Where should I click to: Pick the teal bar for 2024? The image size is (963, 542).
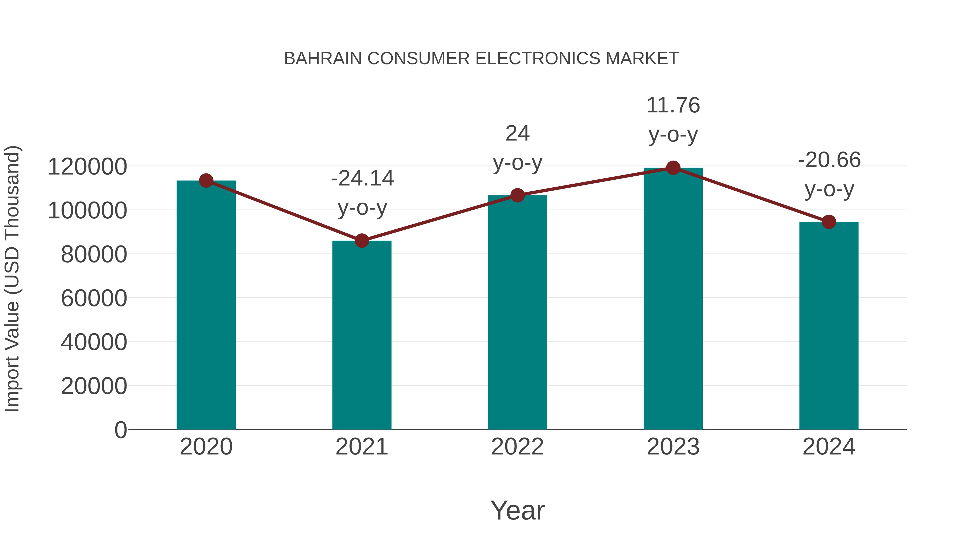829,325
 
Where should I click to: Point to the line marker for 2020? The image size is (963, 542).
206,181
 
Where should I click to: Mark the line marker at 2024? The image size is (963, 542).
829,222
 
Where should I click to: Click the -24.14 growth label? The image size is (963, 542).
362,179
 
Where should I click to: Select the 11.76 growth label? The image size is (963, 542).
673,105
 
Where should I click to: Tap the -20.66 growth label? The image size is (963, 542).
829,160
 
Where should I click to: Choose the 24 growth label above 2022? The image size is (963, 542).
517,134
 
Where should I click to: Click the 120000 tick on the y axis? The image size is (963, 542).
87,167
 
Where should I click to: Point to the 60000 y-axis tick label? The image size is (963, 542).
94,298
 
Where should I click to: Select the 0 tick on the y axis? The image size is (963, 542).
121,430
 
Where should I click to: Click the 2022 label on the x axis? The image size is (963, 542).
517,447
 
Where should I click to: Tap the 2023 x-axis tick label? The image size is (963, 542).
673,447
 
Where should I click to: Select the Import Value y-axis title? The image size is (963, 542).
12,279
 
